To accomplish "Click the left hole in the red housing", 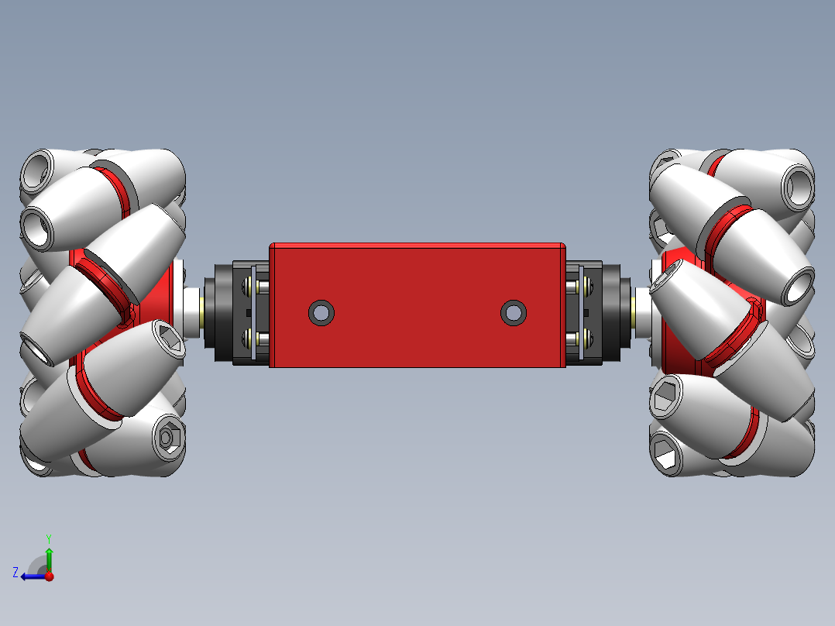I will coord(321,313).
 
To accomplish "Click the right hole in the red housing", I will coord(513,313).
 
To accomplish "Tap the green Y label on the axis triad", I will coord(48,537).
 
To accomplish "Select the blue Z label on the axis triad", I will coord(15,573).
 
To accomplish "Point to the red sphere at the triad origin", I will coord(49,576).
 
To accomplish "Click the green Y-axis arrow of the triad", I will coord(49,558).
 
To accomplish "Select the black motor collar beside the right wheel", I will coord(612,312).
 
